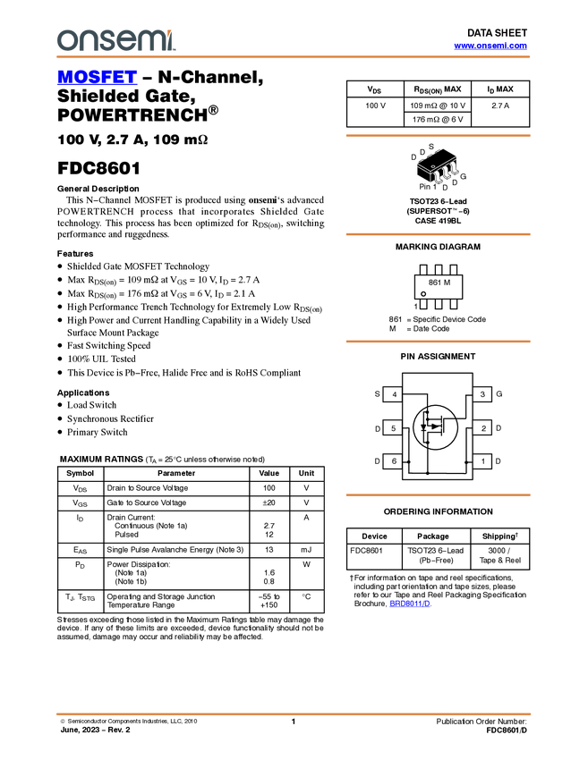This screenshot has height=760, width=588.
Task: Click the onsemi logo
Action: click(115, 40)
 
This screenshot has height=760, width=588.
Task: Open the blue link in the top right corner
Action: click(490, 46)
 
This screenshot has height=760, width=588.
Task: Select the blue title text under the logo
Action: click(97, 79)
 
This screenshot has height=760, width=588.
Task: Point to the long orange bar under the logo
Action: click(294, 57)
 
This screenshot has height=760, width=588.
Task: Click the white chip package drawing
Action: click(439, 170)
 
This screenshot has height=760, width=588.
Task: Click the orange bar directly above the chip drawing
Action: click(438, 136)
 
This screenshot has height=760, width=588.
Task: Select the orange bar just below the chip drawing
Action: click(438, 234)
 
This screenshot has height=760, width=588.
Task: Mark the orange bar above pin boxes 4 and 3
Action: click(438, 342)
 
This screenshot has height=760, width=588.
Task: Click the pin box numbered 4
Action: click(393, 394)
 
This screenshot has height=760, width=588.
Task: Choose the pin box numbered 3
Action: click(482, 394)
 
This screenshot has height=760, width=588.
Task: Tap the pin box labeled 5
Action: click(393, 427)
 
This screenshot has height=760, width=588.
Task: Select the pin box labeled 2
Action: click(482, 427)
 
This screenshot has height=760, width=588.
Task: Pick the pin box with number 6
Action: click(393, 461)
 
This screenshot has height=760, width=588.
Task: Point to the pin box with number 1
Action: click(482, 461)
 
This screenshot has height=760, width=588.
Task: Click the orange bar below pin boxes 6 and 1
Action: click(438, 494)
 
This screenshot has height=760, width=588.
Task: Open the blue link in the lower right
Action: click(410, 604)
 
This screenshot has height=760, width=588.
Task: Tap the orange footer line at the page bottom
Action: click(294, 714)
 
